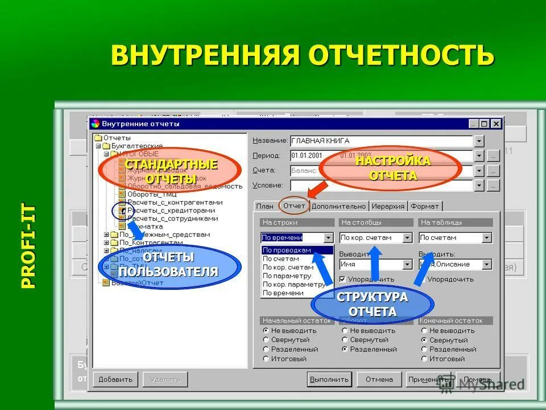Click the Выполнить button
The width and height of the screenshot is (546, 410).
(x=329, y=379)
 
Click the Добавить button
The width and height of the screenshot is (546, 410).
(x=115, y=379)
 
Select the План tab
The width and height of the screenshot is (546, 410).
(x=264, y=206)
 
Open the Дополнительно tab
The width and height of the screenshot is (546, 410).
(x=339, y=206)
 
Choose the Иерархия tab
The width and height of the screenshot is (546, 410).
(x=389, y=206)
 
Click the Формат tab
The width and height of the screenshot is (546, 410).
(x=425, y=206)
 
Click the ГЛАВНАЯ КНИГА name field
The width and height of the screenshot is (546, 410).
(x=380, y=141)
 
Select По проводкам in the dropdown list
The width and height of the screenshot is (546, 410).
(x=287, y=250)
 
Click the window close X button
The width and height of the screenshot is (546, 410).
(x=496, y=124)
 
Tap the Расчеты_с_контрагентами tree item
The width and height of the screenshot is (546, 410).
(x=175, y=202)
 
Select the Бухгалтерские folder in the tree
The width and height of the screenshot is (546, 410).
(x=136, y=146)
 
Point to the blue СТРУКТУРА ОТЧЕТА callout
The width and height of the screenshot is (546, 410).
(x=373, y=305)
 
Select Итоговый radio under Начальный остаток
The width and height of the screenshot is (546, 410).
(x=266, y=359)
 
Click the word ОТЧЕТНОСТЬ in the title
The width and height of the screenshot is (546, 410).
(x=401, y=55)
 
